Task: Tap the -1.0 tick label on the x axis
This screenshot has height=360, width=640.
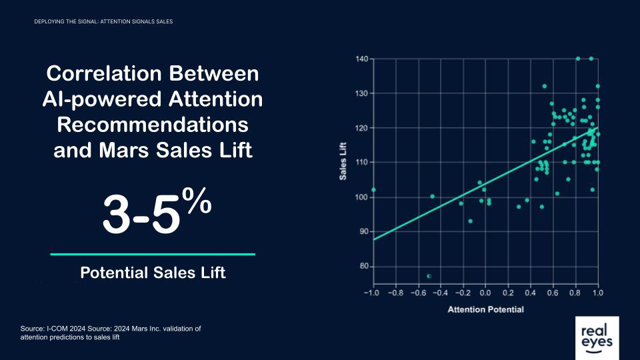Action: (371, 293)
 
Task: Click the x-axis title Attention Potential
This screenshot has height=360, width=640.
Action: (485, 309)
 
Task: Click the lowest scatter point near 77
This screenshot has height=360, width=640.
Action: (429, 275)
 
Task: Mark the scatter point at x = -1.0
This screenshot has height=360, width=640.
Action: (373, 189)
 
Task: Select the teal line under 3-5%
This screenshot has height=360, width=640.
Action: (153, 254)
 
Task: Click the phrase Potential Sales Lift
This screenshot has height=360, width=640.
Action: (153, 273)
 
